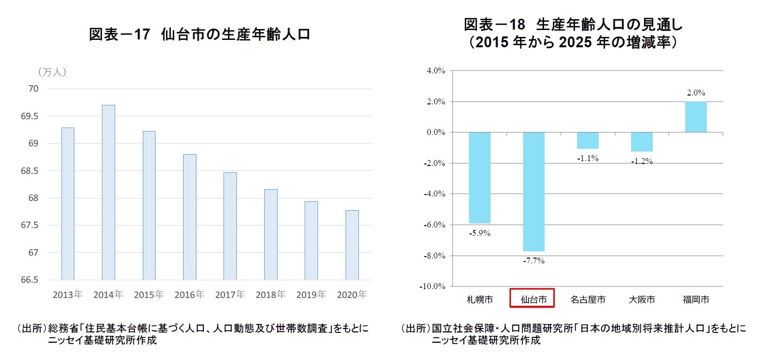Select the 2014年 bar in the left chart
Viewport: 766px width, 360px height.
[108, 192]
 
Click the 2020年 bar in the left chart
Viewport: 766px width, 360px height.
[352, 245]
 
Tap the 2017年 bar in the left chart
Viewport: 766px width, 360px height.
[230, 226]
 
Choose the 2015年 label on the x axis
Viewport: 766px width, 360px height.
[149, 295]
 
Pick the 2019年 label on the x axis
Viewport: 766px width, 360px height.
[311, 295]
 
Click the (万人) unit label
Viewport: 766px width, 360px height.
[52, 72]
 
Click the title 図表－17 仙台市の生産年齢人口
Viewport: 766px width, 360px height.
[199, 34]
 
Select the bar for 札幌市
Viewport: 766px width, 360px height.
[479, 178]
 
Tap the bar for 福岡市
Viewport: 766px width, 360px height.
[696, 117]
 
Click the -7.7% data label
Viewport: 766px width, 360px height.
[534, 261]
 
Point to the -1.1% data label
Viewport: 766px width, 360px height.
[588, 159]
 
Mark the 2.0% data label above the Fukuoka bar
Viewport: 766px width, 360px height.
[696, 93]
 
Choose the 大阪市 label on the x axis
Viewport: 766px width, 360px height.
[642, 299]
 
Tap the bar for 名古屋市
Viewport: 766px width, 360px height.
[588, 140]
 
